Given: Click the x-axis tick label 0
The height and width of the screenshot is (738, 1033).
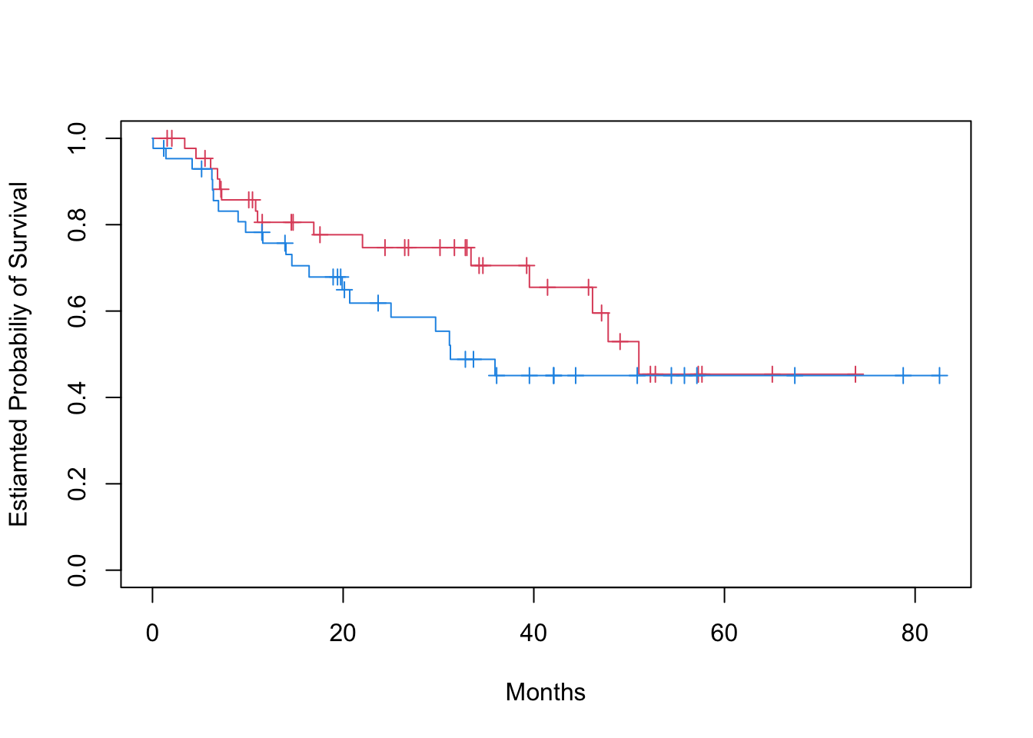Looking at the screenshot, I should pos(152,633).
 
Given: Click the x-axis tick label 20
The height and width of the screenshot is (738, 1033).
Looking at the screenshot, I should pos(343,633).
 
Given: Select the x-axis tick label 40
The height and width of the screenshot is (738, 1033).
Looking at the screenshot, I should pos(533,633).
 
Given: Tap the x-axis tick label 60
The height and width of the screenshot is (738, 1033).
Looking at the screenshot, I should pos(724,633).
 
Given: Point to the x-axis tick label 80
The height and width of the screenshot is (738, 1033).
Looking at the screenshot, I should pos(915,633).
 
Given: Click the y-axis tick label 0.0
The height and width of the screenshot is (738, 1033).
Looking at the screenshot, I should pos(78,570).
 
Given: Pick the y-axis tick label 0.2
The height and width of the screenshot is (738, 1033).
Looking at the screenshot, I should pos(78,484).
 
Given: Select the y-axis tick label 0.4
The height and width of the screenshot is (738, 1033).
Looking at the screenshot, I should pos(78,397).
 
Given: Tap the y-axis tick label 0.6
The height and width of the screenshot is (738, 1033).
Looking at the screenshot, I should pos(78,311).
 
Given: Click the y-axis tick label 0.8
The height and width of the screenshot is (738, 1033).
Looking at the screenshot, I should pos(78,224).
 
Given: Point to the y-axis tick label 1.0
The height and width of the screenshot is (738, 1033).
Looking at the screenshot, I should pos(78,138).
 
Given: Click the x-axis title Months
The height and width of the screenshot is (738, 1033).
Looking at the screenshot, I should pos(546,693).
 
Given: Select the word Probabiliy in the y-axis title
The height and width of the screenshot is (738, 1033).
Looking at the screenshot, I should pos(18,345).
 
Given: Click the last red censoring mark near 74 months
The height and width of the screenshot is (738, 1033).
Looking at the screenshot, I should pos(855,374).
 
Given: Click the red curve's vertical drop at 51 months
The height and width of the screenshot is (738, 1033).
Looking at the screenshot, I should pos(639,357).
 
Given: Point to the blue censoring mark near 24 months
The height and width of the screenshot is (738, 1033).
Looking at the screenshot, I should pos(377,303).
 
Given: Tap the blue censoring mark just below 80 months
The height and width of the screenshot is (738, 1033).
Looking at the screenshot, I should pos(903,375).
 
